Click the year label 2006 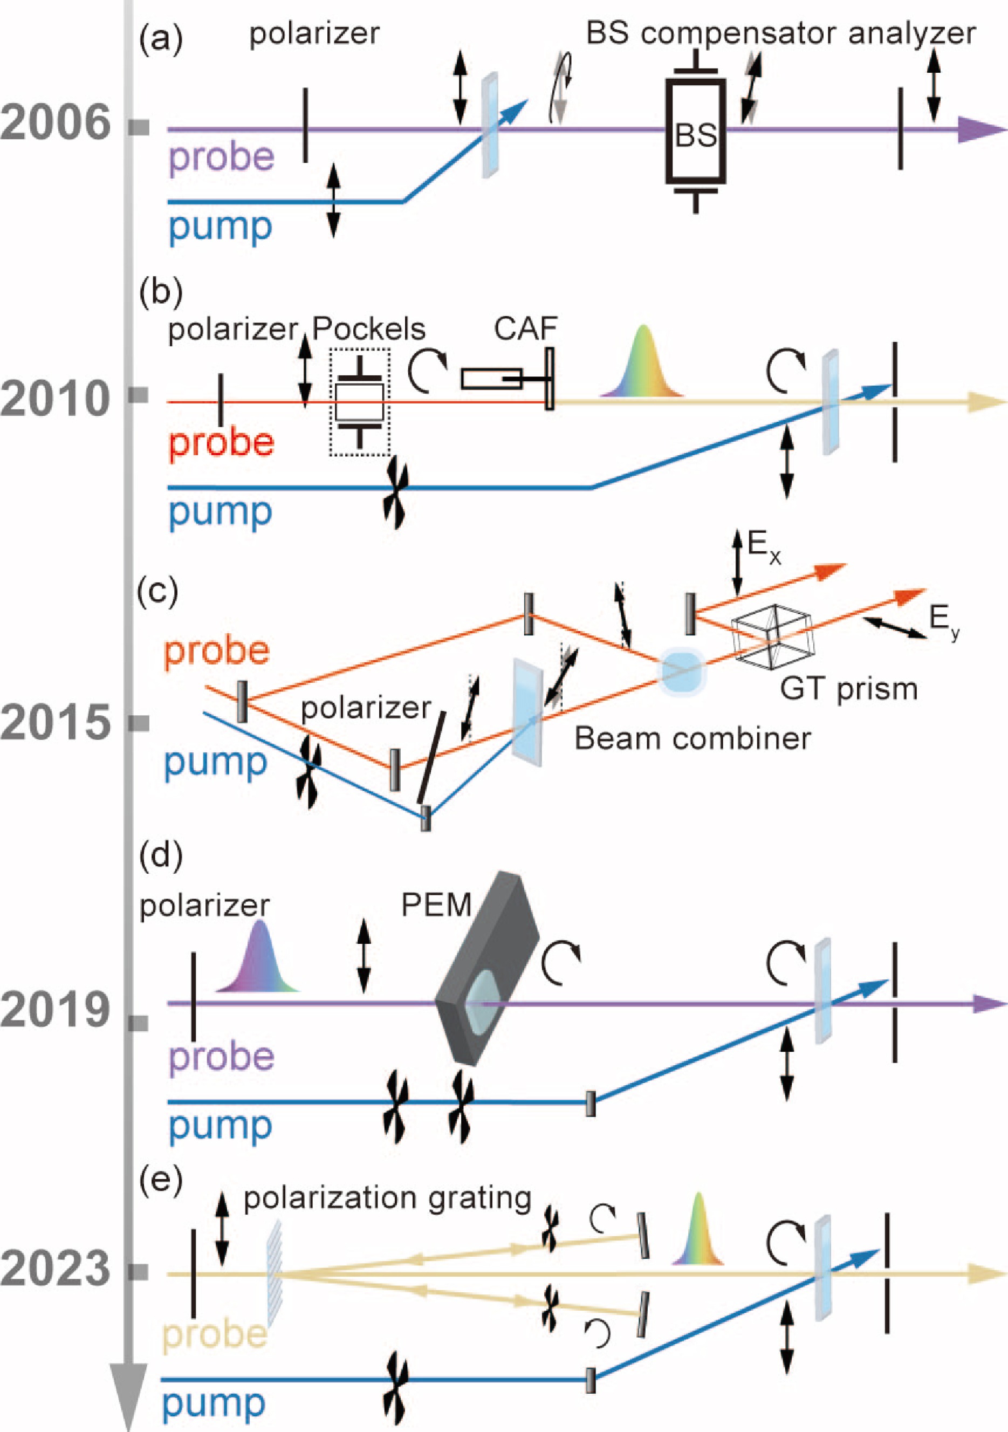[55, 124]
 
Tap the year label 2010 [55, 400]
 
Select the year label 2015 [55, 723]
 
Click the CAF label [525, 328]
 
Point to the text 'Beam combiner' [692, 738]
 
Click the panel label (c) [158, 591]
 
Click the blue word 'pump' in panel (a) [220, 227]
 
